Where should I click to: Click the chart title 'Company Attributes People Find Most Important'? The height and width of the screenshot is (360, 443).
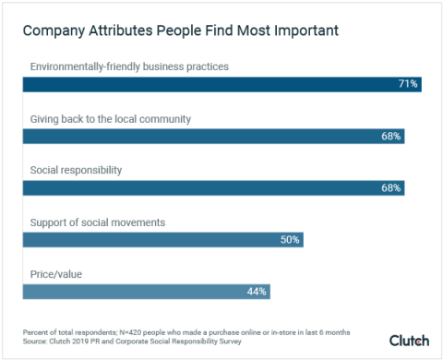tap(181, 30)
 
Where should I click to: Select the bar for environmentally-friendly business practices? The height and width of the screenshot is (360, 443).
tap(221, 84)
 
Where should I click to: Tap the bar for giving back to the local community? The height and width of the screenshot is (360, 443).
tap(213, 136)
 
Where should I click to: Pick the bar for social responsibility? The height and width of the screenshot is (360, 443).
tap(213, 187)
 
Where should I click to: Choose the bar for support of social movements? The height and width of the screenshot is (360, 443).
tap(162, 239)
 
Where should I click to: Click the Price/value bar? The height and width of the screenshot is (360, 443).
tap(146, 291)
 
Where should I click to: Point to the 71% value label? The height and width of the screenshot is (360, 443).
tap(408, 84)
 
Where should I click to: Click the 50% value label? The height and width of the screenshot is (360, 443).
tap(290, 239)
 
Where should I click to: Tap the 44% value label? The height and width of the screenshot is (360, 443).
tap(257, 291)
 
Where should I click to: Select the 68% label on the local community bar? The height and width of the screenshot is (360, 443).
tap(391, 136)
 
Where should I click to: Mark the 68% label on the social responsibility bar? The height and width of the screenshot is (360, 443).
tap(391, 187)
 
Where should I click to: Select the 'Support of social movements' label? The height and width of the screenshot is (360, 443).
tap(98, 222)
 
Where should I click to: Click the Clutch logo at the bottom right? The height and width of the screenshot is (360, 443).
tap(409, 340)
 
